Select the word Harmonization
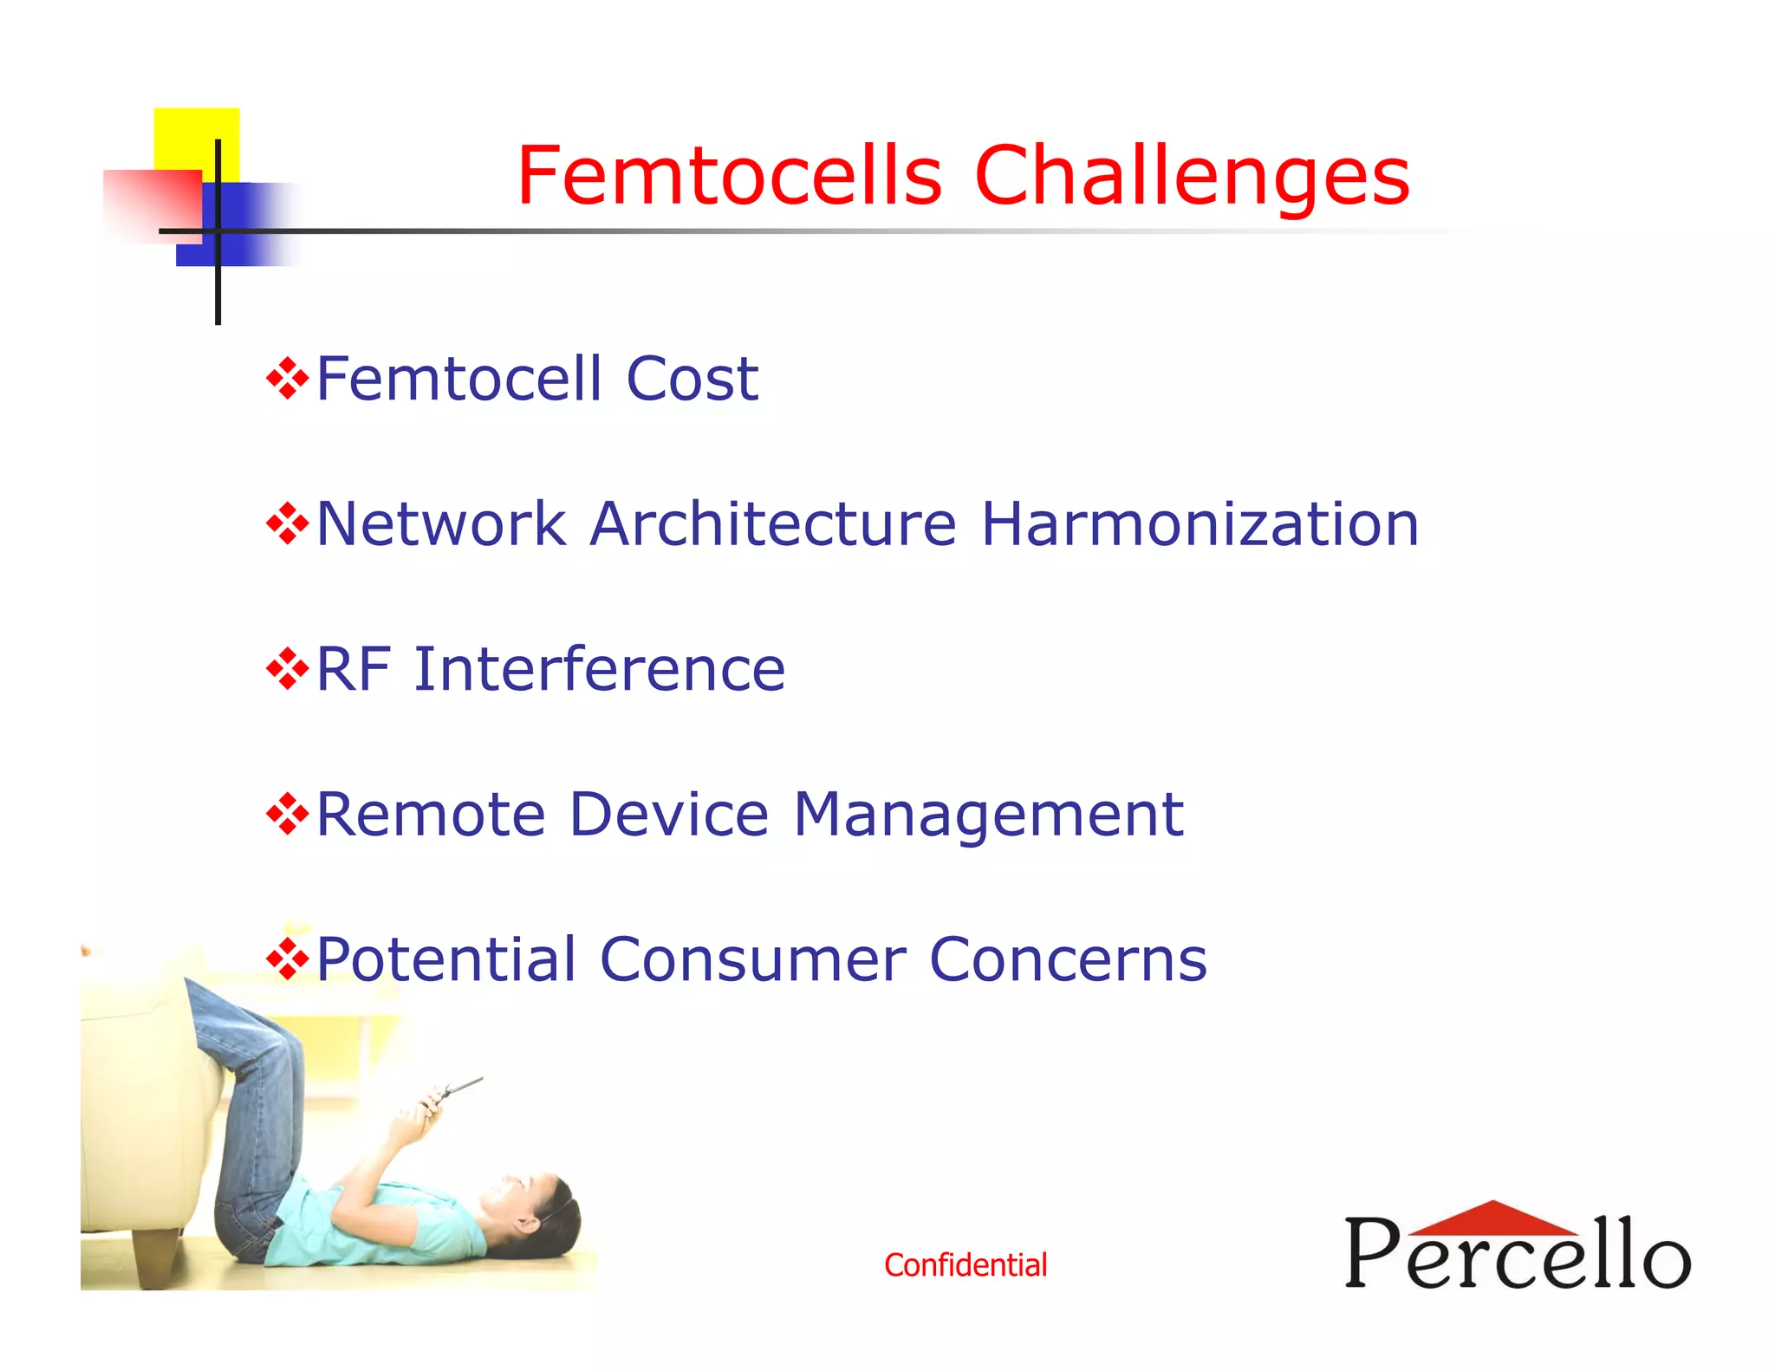pos(1200,524)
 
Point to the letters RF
pos(351,670)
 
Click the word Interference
pos(600,670)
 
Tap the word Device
pos(669,815)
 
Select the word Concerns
pos(1068,960)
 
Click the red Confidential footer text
pos(966,1265)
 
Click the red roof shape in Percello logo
pos(1492,1218)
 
